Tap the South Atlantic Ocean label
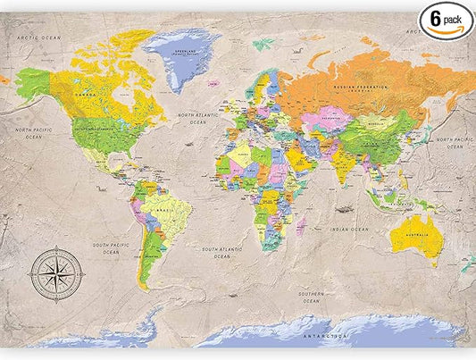(x=221, y=252)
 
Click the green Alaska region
(x=31, y=85)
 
